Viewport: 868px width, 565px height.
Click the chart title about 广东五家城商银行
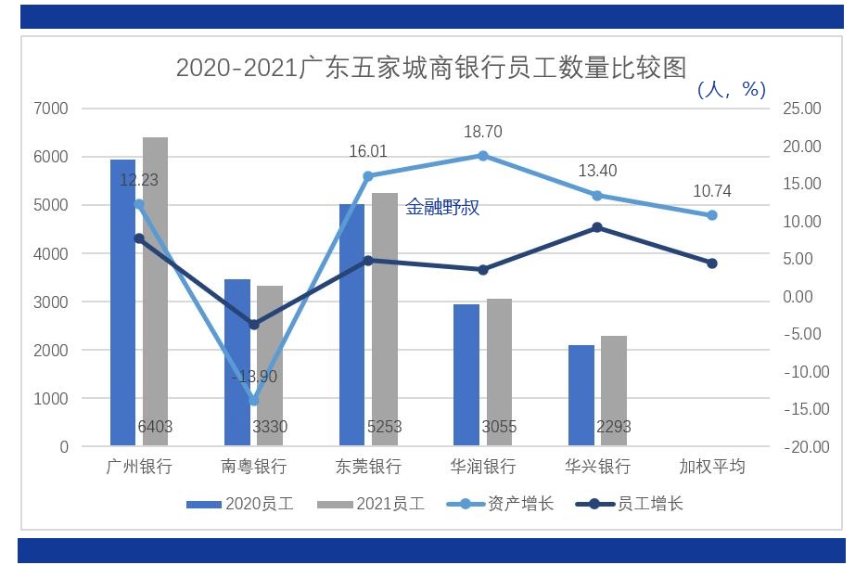tap(431, 68)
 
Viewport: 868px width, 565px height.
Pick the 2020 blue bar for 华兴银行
tap(581, 395)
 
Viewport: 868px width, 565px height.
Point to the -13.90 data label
tap(254, 377)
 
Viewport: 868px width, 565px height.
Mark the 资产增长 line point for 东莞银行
tap(368, 175)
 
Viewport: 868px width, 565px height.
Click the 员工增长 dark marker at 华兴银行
tap(597, 227)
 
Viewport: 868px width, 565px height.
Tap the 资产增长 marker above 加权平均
tap(712, 214)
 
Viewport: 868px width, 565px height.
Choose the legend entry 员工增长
tap(630, 504)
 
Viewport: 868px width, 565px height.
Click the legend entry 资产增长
tap(500, 504)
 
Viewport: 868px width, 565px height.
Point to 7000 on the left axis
tap(51, 109)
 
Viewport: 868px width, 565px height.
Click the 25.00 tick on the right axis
tap(801, 109)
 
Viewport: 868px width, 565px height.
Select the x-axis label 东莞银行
tap(368, 466)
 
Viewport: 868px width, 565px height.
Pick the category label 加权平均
tap(712, 466)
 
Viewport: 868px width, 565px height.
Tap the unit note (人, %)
tap(732, 89)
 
